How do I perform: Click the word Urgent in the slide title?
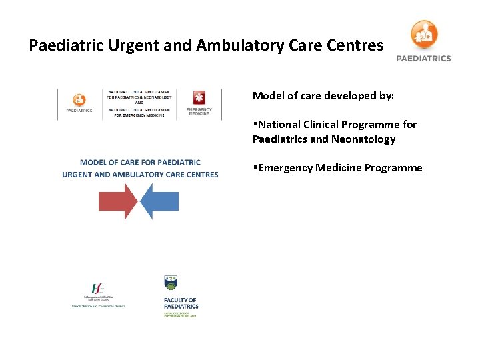pos(129,45)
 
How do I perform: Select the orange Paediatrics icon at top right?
pos(424,34)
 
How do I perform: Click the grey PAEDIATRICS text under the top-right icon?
pos(424,58)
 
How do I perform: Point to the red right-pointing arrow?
pos(117,201)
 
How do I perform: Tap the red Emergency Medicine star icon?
pos(198,97)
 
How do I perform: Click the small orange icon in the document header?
pos(79,99)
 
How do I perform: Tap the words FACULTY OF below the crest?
pos(180,301)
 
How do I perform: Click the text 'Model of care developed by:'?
pos(323,96)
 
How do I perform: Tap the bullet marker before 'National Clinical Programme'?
pos(255,125)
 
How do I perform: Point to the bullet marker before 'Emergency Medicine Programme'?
pos(255,168)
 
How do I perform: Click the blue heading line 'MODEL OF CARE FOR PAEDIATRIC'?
pos(140,162)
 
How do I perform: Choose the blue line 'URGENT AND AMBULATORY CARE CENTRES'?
pos(140,175)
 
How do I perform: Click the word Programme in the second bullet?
pos(393,168)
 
